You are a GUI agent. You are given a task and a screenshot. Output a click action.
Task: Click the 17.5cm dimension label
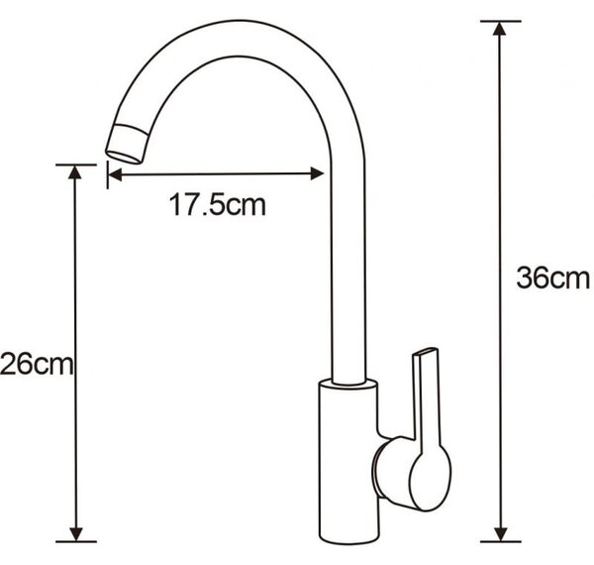pos(217,205)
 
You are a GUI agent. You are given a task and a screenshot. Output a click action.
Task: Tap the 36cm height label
pos(552,278)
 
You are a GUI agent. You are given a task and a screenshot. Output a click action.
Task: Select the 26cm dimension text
pos(37,364)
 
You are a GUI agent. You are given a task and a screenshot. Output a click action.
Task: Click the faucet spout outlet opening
pos(124,157)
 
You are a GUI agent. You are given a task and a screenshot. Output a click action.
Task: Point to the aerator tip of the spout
pos(128,144)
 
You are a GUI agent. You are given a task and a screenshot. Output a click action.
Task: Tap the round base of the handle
pos(411,473)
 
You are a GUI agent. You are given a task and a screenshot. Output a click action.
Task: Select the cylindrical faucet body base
pos(348,462)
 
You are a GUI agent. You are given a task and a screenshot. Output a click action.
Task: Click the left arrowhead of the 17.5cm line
pos(115,174)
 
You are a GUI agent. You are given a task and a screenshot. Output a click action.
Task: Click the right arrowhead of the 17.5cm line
pos(317,173)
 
